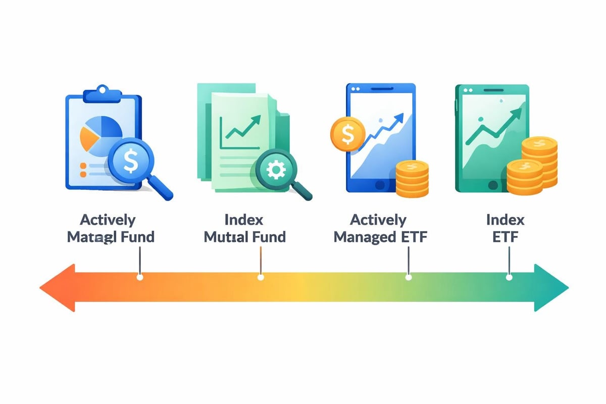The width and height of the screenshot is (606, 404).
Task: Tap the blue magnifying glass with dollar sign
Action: pyautogui.click(x=130, y=162)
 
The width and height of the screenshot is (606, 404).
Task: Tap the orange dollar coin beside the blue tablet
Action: pyautogui.click(x=348, y=134)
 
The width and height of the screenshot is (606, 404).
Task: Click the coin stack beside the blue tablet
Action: pyautogui.click(x=412, y=179)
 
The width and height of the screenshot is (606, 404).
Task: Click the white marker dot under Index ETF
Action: pyautogui.click(x=509, y=277)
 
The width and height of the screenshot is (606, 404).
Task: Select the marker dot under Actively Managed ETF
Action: pyautogui.click(x=408, y=277)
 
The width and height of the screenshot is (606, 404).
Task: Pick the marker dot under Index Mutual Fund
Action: pyautogui.click(x=261, y=277)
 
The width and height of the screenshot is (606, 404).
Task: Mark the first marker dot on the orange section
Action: pyautogui.click(x=140, y=277)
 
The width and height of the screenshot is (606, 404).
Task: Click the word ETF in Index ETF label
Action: pyautogui.click(x=506, y=236)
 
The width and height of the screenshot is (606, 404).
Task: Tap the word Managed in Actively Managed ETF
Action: pyautogui.click(x=365, y=236)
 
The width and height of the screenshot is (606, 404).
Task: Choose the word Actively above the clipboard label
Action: pyautogui.click(x=108, y=220)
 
